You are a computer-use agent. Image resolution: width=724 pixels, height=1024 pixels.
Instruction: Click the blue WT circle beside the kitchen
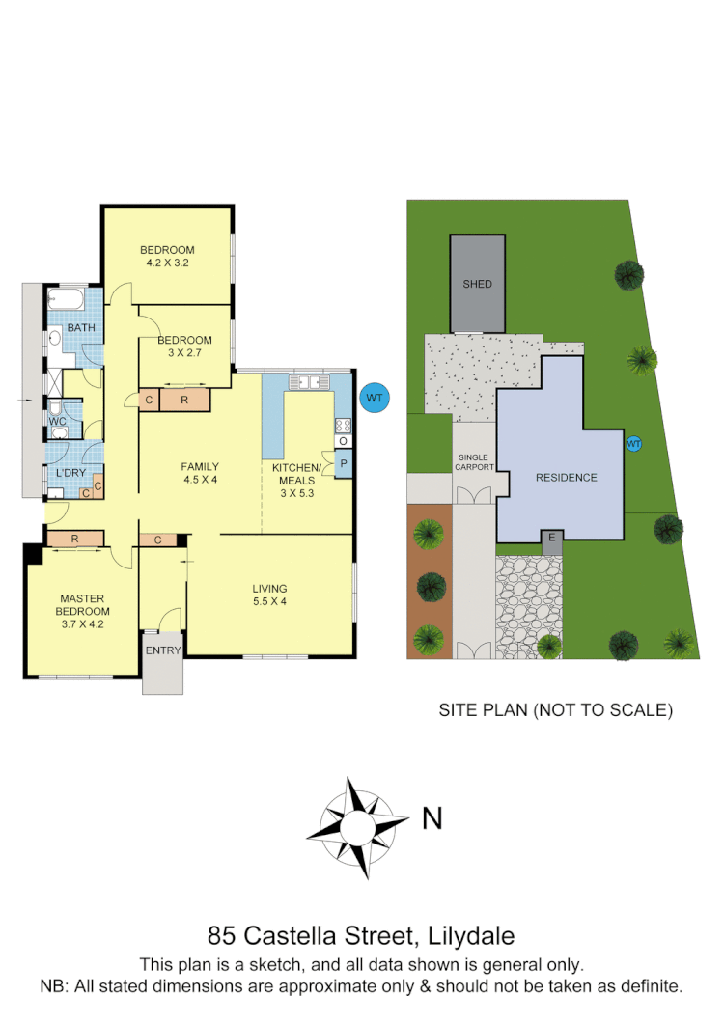[372, 397]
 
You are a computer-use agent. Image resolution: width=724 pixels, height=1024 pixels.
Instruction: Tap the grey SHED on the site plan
[477, 284]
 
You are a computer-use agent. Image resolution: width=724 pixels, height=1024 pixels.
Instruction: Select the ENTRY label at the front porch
[163, 650]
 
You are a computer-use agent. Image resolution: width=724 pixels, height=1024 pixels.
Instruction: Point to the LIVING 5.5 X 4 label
[269, 595]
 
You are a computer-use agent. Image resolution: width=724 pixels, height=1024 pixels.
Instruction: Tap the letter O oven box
[343, 441]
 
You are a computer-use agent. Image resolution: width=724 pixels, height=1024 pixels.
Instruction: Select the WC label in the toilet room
[57, 421]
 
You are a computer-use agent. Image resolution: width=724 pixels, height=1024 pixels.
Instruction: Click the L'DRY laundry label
[70, 472]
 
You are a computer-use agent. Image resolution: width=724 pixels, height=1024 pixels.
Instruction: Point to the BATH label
[81, 328]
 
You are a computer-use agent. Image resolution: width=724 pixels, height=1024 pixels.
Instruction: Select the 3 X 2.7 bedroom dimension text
[184, 353]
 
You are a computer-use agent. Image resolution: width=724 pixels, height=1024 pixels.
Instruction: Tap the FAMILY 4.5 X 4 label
[200, 473]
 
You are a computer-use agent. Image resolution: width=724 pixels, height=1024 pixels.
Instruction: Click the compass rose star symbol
[356, 826]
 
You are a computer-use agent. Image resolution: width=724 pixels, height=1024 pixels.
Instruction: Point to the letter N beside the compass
[432, 819]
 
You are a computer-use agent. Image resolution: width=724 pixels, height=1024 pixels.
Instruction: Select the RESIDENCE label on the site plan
[567, 478]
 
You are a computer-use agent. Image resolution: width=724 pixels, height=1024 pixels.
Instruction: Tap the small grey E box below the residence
[551, 537]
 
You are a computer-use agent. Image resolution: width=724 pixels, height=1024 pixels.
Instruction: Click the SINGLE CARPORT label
[474, 462]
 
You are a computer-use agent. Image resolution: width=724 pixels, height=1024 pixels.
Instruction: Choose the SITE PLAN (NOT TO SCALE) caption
[555, 710]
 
